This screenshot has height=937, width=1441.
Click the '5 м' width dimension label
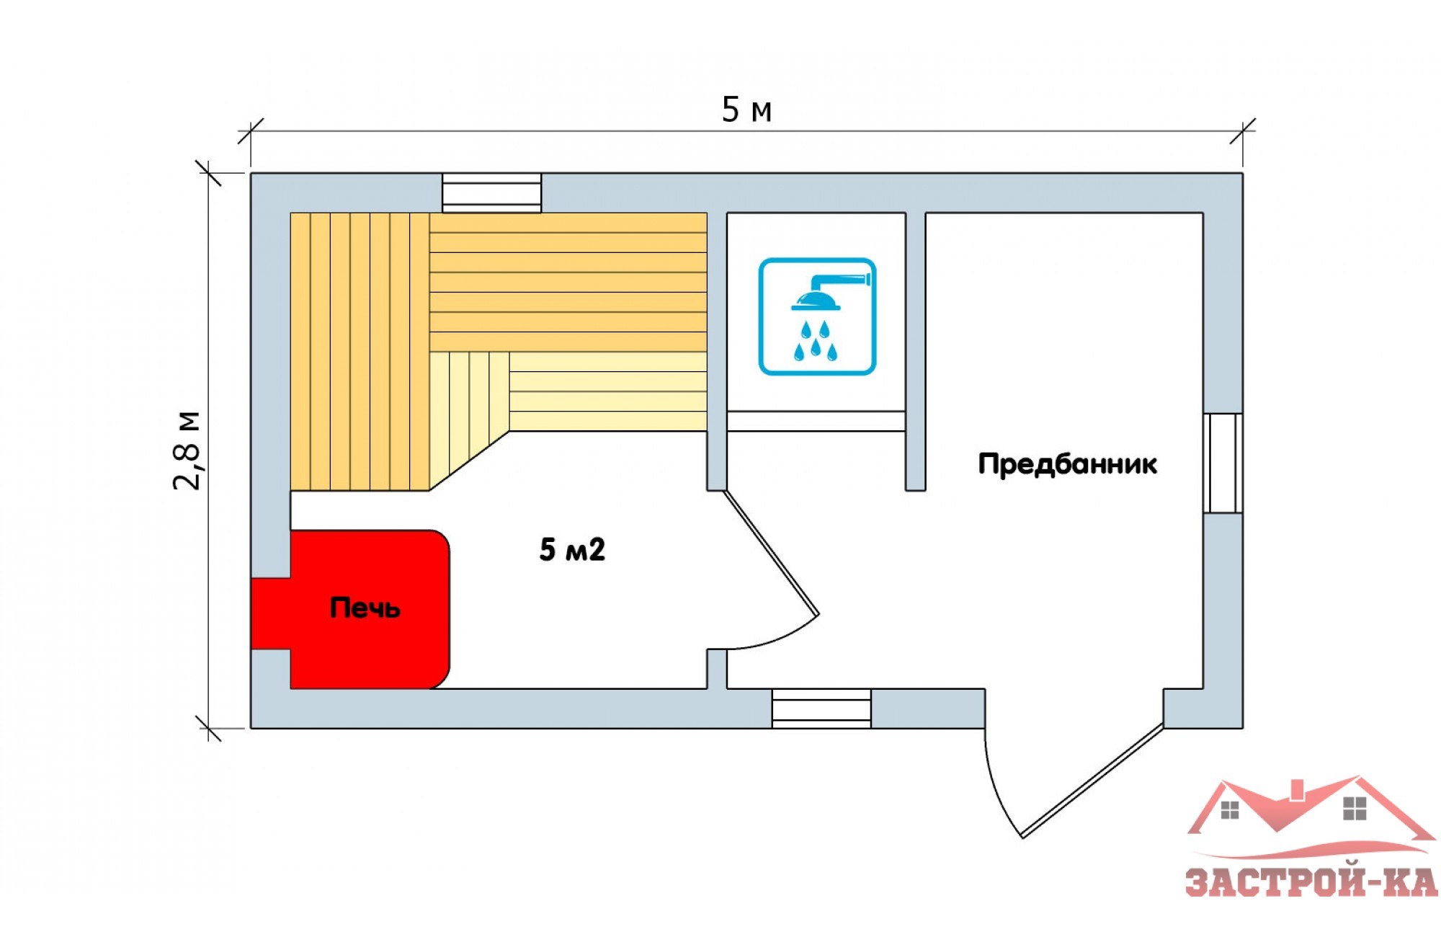[746, 110]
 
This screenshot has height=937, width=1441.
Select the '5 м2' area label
[572, 549]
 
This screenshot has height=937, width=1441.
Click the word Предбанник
[1067, 463]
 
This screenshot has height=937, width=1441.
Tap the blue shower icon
[817, 316]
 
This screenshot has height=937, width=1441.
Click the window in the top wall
[491, 192]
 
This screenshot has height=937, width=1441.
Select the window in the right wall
[1223, 463]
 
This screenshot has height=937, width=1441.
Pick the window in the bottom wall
[821, 708]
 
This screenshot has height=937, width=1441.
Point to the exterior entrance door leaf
[1092, 781]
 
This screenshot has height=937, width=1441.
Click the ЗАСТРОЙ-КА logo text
[1311, 882]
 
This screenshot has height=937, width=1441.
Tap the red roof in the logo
[1311, 814]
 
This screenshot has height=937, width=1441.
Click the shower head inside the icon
[829, 292]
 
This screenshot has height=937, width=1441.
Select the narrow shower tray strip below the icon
[816, 421]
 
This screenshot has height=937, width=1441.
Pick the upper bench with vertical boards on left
[360, 352]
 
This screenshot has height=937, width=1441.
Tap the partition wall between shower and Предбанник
[915, 352]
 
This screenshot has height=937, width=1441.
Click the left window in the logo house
[1230, 810]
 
